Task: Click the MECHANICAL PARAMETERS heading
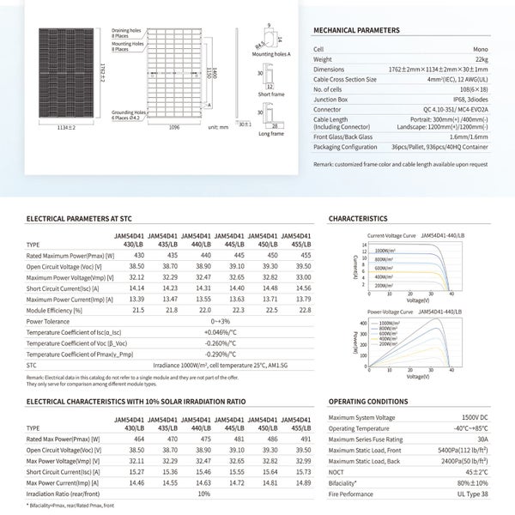pyautogui.click(x=358, y=29)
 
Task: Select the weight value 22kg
pyautogui.click(x=480, y=59)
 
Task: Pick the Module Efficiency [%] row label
pyautogui.click(x=54, y=310)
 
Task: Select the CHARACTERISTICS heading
pyautogui.click(x=358, y=219)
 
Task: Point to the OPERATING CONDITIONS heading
pyautogui.click(x=368, y=401)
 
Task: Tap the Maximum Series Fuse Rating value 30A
pyautogui.click(x=482, y=439)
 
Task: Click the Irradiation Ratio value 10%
pyautogui.click(x=203, y=494)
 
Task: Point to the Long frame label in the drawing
pyautogui.click(x=270, y=134)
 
